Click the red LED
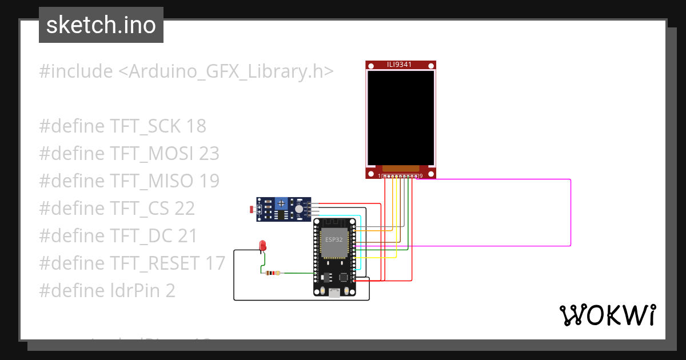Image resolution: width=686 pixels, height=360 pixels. coord(262,245)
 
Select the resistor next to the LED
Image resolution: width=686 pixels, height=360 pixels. coord(273,273)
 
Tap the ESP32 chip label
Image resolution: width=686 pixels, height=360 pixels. coord(334,239)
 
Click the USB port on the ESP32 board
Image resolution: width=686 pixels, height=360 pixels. coord(333,293)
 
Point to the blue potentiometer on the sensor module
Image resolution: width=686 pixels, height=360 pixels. coord(281,203)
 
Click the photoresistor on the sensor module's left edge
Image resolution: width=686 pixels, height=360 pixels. coord(253,210)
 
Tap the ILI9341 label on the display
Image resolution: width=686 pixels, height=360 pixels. coord(400,65)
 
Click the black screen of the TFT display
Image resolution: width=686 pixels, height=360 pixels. coord(400,118)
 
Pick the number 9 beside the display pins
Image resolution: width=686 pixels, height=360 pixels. coord(421,176)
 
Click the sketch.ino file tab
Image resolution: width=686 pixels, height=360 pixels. coord(101,25)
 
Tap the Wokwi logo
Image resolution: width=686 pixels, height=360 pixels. coord(607,315)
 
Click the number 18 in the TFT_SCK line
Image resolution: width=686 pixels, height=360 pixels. coord(196,126)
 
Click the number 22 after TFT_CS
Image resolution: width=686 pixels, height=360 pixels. coord(185,209)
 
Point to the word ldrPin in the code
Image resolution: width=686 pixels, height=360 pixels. coord(135,291)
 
